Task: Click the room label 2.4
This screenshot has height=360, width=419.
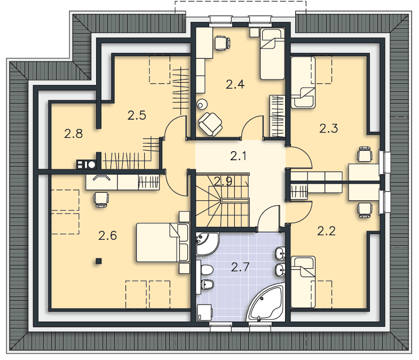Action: click(x=235, y=84)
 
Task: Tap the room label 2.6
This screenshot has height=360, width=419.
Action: click(x=107, y=236)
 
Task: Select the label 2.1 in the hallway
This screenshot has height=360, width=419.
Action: click(x=238, y=156)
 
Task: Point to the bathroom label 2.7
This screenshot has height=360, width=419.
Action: click(x=240, y=267)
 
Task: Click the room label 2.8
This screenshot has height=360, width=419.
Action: click(x=73, y=134)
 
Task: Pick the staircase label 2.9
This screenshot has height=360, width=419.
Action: click(x=223, y=182)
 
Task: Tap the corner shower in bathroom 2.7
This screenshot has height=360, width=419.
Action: click(x=207, y=244)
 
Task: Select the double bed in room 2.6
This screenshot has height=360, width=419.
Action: click(x=162, y=242)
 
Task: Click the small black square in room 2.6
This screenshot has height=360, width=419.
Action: click(x=99, y=261)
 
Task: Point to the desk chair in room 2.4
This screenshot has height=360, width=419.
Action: click(x=223, y=43)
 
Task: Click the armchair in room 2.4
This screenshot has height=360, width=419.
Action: click(x=210, y=124)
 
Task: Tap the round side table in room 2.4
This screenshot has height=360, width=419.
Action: click(x=201, y=104)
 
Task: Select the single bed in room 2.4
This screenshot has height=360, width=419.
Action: click(x=272, y=54)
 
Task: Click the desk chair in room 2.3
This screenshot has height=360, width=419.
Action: click(x=365, y=154)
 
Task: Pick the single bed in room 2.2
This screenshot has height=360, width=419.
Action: click(x=303, y=282)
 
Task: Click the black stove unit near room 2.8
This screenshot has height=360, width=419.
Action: click(x=86, y=165)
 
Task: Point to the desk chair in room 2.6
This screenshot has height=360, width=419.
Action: click(x=101, y=200)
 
